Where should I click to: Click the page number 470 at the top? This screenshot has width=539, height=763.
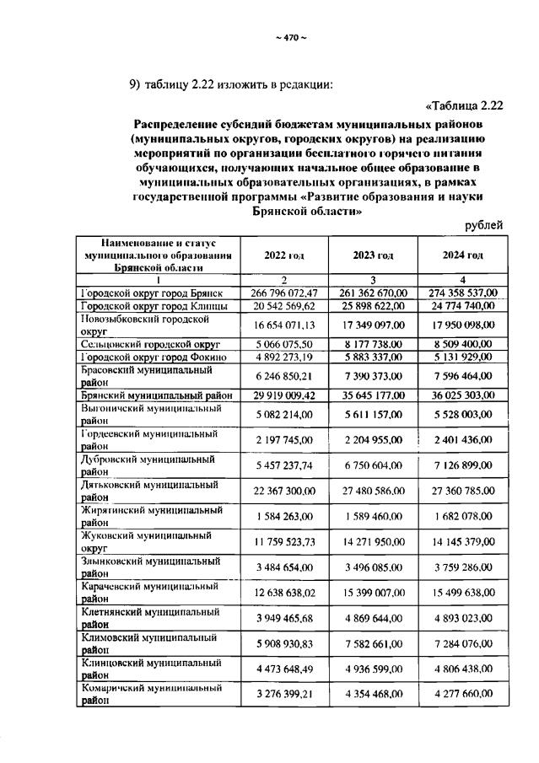tap(291, 36)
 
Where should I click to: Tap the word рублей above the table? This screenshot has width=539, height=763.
tap(484, 225)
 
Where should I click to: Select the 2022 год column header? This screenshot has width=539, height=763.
tap(284, 255)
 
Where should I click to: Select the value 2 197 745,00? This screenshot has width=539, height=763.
tap(284, 439)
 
